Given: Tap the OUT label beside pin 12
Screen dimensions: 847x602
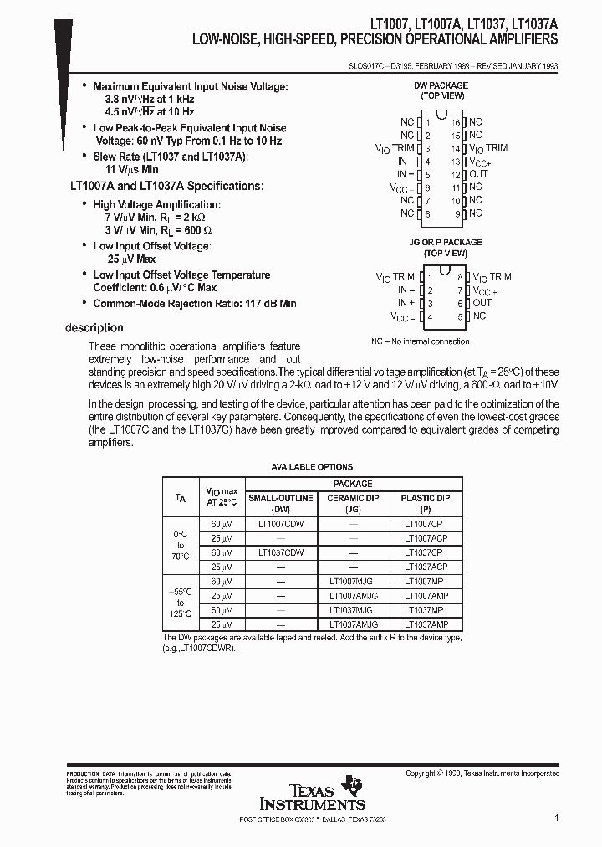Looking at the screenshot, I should click(478, 174).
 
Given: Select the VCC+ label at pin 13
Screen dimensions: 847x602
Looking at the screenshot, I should click(480, 162).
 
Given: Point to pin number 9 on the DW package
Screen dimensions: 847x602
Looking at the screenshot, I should click(457, 213).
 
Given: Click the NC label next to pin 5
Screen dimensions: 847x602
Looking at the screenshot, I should click(479, 316).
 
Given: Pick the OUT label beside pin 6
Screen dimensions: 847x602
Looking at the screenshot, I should click(482, 303).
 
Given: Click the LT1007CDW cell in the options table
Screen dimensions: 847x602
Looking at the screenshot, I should click(281, 523).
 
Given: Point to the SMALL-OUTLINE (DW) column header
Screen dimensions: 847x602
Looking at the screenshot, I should click(281, 502).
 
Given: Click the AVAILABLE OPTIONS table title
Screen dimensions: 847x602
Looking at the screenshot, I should click(312, 467).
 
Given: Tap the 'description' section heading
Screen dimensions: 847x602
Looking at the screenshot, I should click(94, 328).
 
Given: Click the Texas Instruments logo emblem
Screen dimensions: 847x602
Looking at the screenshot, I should click(355, 784).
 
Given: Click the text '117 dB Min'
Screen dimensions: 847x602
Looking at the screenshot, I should click(267, 304).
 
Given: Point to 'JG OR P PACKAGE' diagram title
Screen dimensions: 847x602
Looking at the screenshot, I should click(445, 243).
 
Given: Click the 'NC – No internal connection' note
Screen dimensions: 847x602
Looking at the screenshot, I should click(420, 341).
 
